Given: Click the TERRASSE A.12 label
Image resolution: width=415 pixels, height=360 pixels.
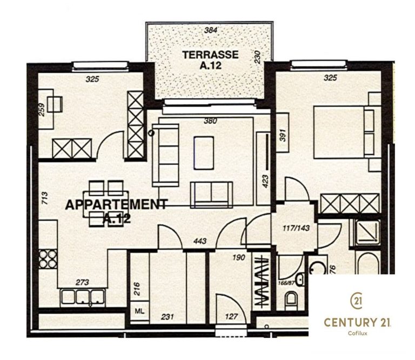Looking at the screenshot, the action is [x=210, y=59].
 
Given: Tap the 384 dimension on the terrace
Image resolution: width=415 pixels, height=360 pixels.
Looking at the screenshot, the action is [x=211, y=30].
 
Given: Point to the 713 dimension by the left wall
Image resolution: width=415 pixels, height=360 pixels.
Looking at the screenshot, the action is [x=45, y=198].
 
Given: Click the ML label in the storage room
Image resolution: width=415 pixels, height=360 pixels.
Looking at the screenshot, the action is [x=139, y=311].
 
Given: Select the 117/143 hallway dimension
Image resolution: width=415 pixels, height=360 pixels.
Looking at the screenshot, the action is [x=296, y=228].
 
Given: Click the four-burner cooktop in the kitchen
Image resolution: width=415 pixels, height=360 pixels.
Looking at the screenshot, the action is [x=48, y=259].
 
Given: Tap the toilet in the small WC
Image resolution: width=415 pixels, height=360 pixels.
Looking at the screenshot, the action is [x=291, y=300].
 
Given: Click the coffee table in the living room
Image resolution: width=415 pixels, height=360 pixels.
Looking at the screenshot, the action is [x=204, y=153].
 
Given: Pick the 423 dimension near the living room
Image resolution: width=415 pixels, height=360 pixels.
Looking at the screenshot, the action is [x=265, y=181].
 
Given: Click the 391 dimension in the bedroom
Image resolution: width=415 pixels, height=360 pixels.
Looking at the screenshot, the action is [x=283, y=135].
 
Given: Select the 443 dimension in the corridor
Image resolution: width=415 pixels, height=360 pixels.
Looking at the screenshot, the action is [x=200, y=241].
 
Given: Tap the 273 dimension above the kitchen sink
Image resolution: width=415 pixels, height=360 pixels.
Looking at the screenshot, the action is [x=82, y=283].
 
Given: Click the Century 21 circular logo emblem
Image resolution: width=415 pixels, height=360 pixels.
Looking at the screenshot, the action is [x=356, y=301].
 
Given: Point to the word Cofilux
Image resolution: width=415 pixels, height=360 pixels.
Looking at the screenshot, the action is [x=358, y=334].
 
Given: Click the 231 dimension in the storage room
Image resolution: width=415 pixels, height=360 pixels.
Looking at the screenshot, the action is [x=168, y=317].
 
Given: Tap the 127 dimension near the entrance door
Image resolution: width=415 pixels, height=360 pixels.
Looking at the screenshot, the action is [x=232, y=317].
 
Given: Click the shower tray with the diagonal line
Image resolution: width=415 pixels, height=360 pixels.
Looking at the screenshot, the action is [x=368, y=232].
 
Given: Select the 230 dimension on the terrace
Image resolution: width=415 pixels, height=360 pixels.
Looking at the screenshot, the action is [x=257, y=57].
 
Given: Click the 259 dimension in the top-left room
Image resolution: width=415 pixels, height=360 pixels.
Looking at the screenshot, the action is [x=42, y=109].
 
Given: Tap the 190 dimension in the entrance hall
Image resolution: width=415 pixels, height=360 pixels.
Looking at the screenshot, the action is [x=239, y=257].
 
